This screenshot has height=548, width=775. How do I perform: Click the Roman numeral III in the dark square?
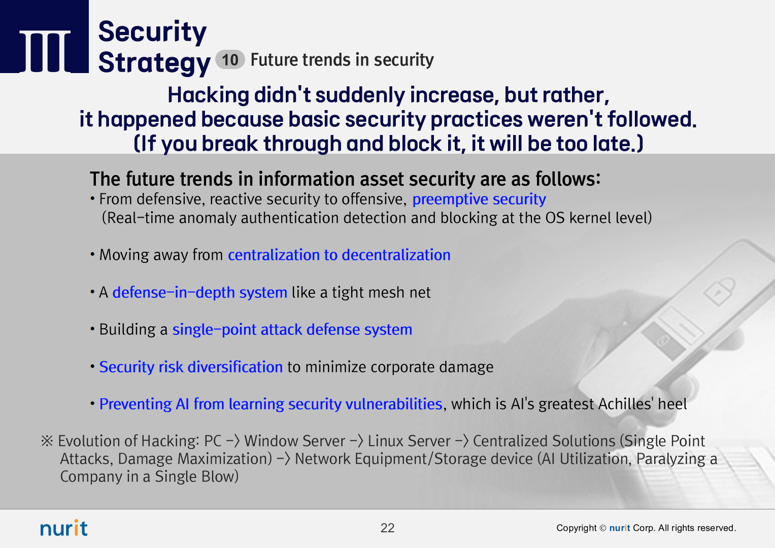coord(45,51)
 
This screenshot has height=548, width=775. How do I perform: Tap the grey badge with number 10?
coord(230,59)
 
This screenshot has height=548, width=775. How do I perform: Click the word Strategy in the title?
coord(154,62)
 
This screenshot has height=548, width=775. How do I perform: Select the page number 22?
coord(388,528)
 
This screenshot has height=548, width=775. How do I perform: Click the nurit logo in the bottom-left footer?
coord(64,528)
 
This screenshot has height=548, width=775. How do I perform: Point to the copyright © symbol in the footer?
coord(603,528)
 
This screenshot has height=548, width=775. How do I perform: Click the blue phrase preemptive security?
coord(479,199)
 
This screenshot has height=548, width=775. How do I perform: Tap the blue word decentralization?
coord(396,255)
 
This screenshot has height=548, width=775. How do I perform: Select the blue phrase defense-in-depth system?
coord(200,293)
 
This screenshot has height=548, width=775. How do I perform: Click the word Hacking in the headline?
coord(208,95)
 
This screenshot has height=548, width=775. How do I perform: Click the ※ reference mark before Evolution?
coord(47,441)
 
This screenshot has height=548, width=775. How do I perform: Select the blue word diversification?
coord(235,367)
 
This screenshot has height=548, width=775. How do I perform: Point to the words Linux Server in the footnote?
coord(409,441)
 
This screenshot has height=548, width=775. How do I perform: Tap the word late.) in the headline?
coord(618,143)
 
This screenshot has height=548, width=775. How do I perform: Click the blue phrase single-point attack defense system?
coord(292,330)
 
